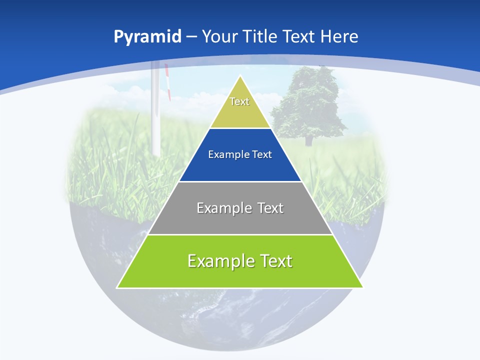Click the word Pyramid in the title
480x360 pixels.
tap(147, 37)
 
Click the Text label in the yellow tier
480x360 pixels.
tap(239, 101)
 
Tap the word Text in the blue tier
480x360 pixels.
tap(261, 155)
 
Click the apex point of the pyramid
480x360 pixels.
tap(240, 76)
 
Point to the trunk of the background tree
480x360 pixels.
tap(308, 140)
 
